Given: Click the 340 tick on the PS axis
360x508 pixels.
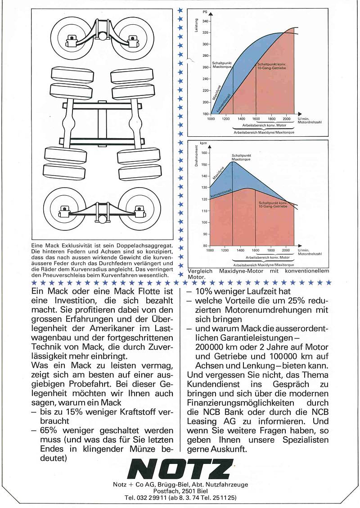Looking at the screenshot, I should pos(205,21).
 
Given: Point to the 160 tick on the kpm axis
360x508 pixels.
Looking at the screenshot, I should pos(205,153).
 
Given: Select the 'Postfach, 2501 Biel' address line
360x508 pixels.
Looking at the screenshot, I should pos(180,491).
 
